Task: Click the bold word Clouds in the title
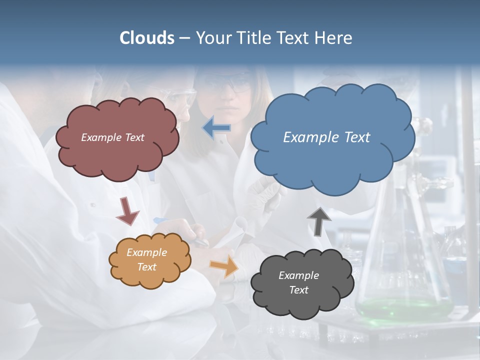[x=147, y=38]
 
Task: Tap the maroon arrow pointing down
[x=127, y=211]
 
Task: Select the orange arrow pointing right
[x=224, y=266]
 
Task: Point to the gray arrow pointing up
[x=318, y=220]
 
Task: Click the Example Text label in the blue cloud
[x=326, y=137]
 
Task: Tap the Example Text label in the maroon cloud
[x=112, y=137]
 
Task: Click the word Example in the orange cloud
[x=146, y=252]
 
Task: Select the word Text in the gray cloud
[x=298, y=290]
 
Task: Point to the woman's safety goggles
[x=227, y=83]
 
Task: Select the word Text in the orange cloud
[x=146, y=267]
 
